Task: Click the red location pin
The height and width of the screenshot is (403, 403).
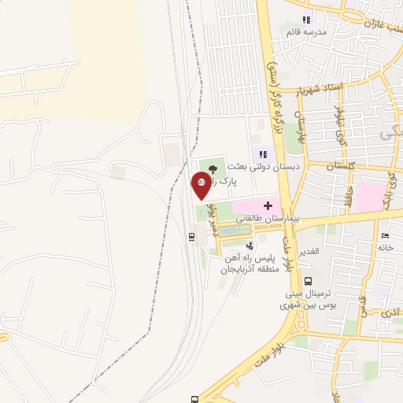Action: pos(201,186)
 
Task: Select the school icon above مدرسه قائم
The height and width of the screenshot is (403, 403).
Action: pos(307,20)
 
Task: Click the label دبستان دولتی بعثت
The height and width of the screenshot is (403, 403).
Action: pos(261,167)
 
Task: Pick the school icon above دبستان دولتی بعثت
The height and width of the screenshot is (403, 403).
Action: pos(261,154)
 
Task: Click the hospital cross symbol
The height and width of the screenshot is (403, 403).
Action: pos(267,205)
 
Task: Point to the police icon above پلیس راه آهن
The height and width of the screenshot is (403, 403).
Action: pos(250,246)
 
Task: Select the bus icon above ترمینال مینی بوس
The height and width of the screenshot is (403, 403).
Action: pos(308,281)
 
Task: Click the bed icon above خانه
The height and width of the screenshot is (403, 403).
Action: pos(385,236)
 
